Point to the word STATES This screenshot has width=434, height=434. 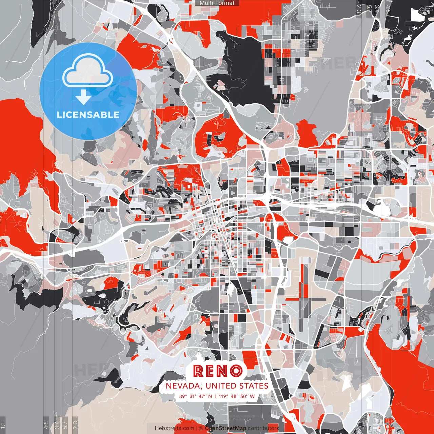click(x=254, y=386)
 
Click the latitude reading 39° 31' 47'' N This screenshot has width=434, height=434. click(x=196, y=396)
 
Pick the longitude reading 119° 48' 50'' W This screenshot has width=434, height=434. click(x=237, y=396)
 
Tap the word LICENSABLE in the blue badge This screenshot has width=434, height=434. click(x=88, y=115)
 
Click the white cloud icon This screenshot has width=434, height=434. click(x=88, y=73)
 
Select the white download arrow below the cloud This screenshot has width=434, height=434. click(x=83, y=98)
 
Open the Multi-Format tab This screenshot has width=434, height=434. click(x=217, y=3)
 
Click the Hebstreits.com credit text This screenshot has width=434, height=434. click(x=175, y=428)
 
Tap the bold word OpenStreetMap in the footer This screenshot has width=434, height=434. click(x=225, y=428)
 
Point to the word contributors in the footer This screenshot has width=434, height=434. click(x=263, y=428)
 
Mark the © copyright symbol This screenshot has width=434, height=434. click(x=201, y=428)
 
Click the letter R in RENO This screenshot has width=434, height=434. click(x=199, y=371)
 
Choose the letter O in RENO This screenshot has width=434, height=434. click(x=236, y=371)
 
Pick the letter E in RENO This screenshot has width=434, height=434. click(x=211, y=371)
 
